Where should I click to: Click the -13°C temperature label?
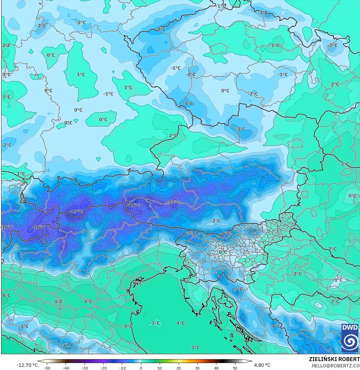point(76,211)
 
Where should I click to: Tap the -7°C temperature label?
point(191,233)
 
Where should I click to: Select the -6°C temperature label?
point(226,233)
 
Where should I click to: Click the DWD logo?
point(350,338)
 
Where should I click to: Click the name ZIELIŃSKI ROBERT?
point(334,359)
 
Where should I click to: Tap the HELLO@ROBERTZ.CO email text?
point(336,365)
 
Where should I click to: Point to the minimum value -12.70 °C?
point(27,365)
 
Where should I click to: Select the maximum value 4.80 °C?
point(262,365)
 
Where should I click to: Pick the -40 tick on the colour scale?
point(66,368)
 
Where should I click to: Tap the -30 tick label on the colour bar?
point(84,368)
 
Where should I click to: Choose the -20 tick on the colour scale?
point(103,368)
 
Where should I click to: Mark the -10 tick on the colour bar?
point(122,368)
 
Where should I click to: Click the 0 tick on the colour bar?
point(141,368)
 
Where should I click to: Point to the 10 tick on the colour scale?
point(160,368)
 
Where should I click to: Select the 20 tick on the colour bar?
point(179,368)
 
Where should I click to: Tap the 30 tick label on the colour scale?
point(197,368)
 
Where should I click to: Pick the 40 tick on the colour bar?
point(216,368)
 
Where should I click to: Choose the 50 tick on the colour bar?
point(235,368)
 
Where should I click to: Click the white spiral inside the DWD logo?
point(350,342)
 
